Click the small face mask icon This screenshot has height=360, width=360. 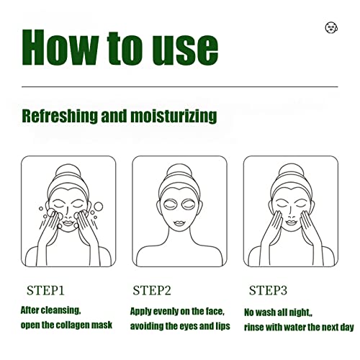click(x=331, y=27)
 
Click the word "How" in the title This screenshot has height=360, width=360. click(x=60, y=48)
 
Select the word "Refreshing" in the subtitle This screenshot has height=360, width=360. click(x=60, y=117)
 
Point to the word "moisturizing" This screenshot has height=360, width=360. click(x=174, y=117)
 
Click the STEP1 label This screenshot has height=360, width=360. click(x=45, y=290)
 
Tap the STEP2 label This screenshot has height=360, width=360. click(x=152, y=290)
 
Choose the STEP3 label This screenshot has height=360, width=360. click(x=268, y=290)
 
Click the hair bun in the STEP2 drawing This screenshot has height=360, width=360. click(x=179, y=171)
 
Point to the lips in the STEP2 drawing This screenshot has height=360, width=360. click(x=179, y=224)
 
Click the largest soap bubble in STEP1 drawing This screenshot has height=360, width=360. click(x=98, y=206)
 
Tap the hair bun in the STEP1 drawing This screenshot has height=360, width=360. click(x=68, y=171)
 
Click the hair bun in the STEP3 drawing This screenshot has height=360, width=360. click(x=291, y=171)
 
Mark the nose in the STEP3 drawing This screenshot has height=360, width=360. click(x=291, y=213)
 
